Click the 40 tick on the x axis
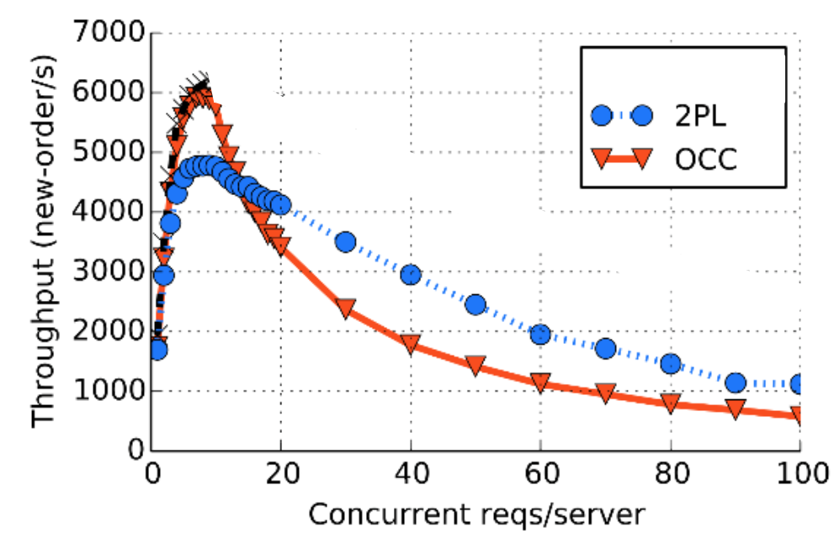(x=411, y=473)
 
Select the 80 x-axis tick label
(x=671, y=473)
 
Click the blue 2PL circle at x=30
(x=346, y=242)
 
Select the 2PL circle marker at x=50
(x=475, y=304)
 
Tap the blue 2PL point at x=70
(x=606, y=348)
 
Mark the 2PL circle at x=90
(x=736, y=382)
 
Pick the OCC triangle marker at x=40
(x=411, y=343)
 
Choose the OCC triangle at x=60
(x=540, y=382)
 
